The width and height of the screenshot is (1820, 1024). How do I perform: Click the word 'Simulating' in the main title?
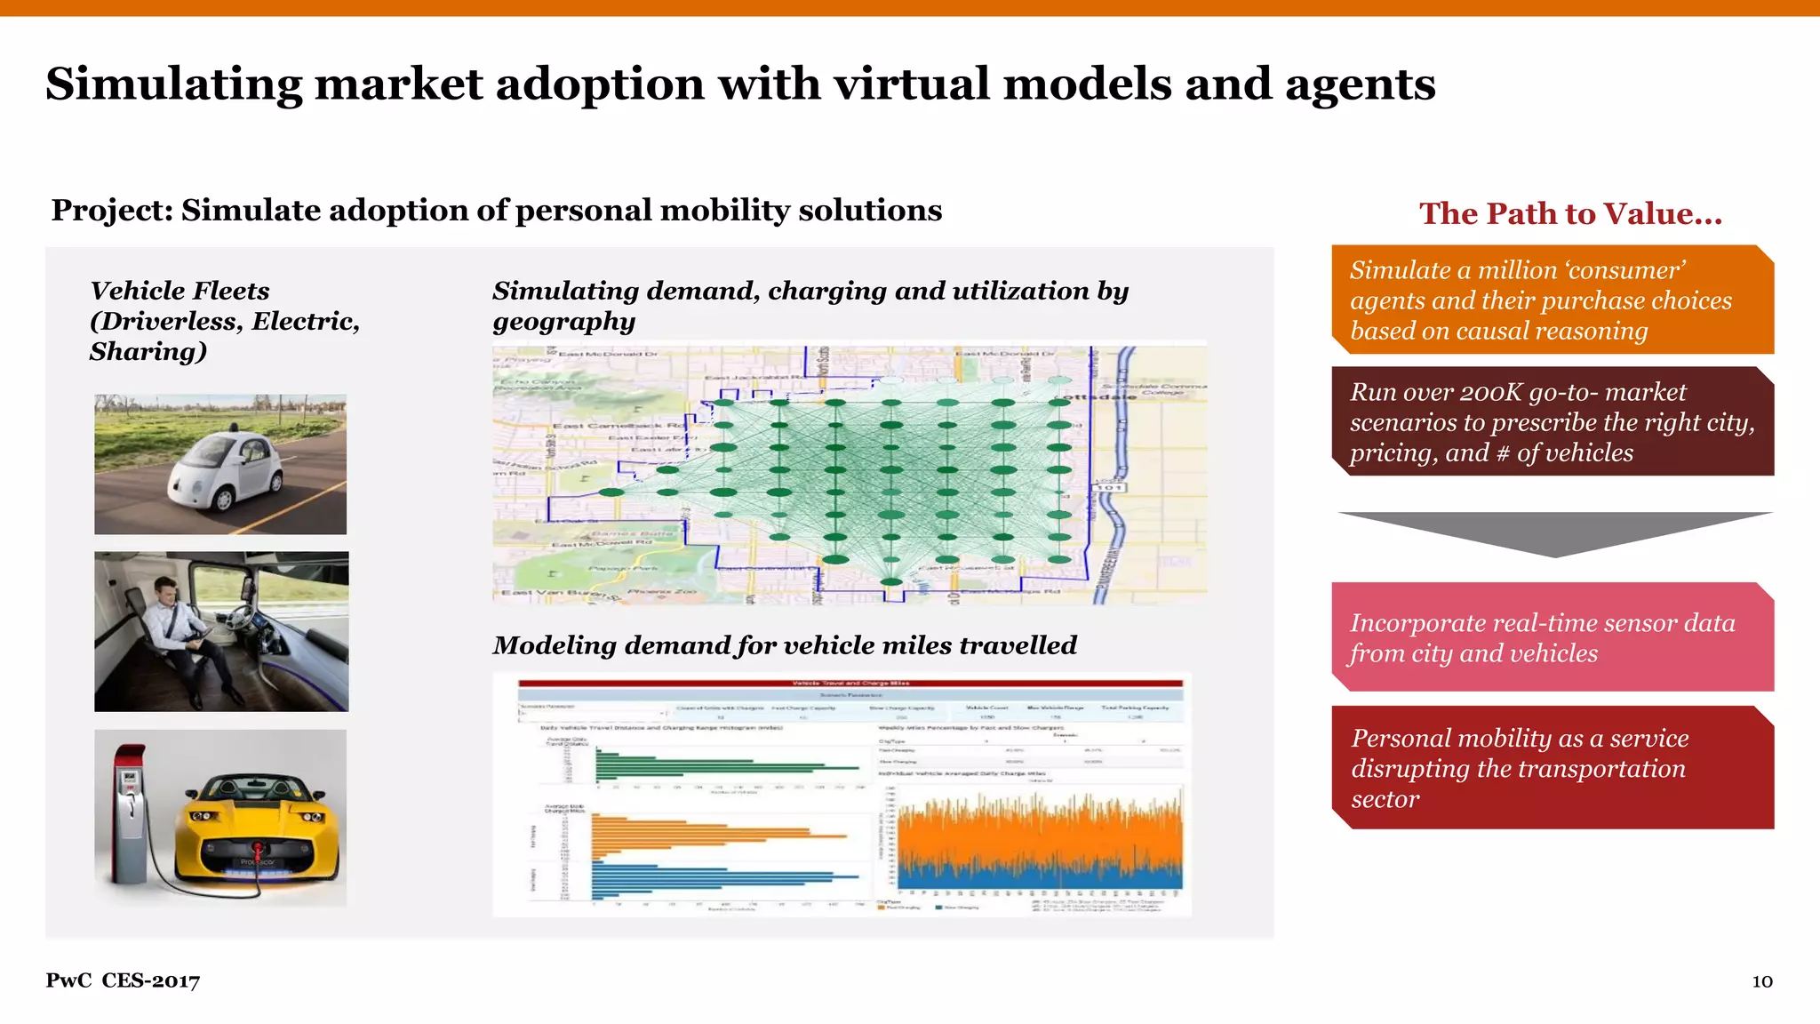click(x=174, y=84)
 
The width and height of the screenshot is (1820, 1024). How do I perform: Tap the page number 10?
click(x=1761, y=981)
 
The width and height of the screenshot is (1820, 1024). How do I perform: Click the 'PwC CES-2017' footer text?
click(x=123, y=980)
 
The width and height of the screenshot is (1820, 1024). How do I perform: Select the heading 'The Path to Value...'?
click(x=1570, y=213)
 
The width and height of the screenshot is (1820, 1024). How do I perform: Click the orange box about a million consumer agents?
click(x=1552, y=300)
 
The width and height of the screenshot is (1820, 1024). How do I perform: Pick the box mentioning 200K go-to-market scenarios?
click(x=1552, y=422)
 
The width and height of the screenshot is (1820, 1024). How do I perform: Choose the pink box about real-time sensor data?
click(x=1552, y=637)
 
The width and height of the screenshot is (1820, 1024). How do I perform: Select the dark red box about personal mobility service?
click(x=1552, y=768)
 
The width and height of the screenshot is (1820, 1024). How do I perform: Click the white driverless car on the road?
click(x=227, y=471)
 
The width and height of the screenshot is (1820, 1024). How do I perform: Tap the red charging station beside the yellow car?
click(x=131, y=813)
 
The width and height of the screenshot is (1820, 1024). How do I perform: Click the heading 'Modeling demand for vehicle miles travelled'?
click(x=784, y=645)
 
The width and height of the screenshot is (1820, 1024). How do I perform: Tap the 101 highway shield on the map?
click(x=1109, y=487)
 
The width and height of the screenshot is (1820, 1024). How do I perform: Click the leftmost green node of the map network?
click(x=611, y=492)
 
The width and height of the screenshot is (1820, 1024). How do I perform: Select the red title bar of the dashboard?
click(x=850, y=683)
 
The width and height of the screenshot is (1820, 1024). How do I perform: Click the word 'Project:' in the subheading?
click(x=112, y=211)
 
